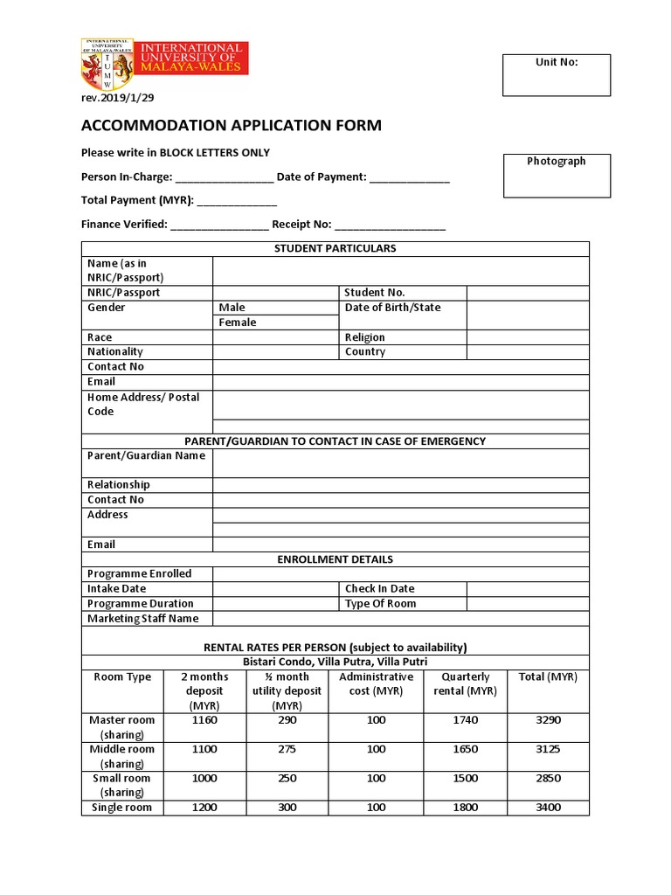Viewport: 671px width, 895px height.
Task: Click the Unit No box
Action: click(x=557, y=74)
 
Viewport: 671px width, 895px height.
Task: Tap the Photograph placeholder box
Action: click(x=556, y=175)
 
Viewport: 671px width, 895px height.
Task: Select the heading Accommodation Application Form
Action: click(x=232, y=125)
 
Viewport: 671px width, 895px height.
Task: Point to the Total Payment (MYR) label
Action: click(x=137, y=200)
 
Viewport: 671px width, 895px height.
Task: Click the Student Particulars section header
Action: click(x=335, y=248)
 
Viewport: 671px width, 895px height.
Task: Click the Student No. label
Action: click(x=375, y=293)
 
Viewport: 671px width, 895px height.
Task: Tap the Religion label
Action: click(x=364, y=337)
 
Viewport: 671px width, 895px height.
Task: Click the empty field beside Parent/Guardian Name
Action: click(x=400, y=462)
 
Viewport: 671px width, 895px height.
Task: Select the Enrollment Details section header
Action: click(x=335, y=559)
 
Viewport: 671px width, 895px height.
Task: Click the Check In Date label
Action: click(x=379, y=589)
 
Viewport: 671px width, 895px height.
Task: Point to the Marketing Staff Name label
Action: click(x=143, y=619)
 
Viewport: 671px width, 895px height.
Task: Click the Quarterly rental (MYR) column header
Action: click(x=466, y=683)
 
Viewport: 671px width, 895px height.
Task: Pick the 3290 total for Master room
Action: click(x=548, y=720)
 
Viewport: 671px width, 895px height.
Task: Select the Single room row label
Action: click(x=121, y=808)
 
